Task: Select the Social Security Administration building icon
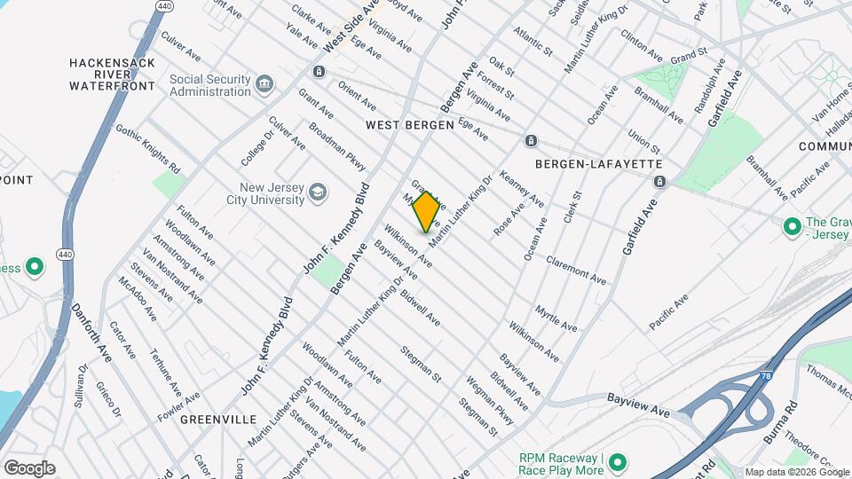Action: point(264,85)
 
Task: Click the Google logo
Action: point(29,468)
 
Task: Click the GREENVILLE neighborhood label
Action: point(218,419)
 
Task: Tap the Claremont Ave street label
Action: point(576,270)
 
